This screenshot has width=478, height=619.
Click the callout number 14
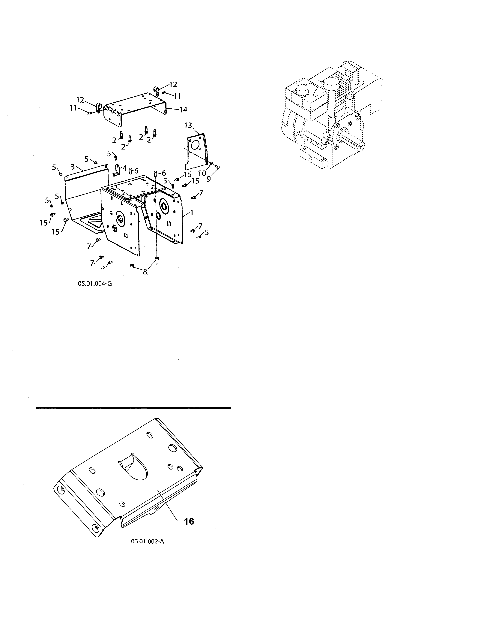[x=183, y=110]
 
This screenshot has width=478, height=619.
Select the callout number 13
[x=188, y=125]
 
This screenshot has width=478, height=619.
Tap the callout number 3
[x=73, y=166]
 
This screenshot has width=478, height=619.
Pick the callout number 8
[x=145, y=272]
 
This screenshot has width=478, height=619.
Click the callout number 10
[x=202, y=173]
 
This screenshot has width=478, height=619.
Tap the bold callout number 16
[x=189, y=521]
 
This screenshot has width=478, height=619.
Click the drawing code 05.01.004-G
[x=95, y=283]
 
